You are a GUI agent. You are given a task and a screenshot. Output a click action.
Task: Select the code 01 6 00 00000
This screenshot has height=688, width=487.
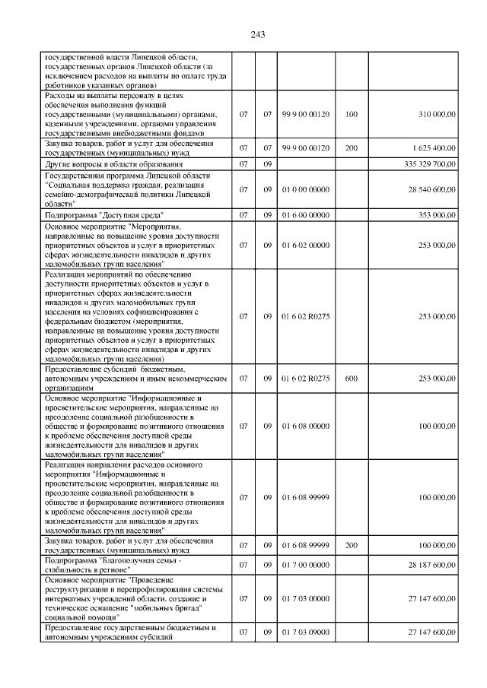click(x=304, y=216)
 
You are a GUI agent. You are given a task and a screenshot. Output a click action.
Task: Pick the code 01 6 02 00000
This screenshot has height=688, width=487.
click(x=304, y=246)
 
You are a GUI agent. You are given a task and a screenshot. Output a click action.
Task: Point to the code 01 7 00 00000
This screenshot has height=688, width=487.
click(x=304, y=565)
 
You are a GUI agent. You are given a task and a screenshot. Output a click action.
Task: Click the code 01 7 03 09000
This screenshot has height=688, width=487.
click(x=304, y=633)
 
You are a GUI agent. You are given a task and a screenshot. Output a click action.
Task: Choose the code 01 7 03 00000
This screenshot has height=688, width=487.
click(x=304, y=599)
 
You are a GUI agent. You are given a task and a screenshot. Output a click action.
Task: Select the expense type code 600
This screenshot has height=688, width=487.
click(x=351, y=378)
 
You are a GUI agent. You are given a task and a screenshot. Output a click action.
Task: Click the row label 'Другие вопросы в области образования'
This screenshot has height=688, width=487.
click(x=113, y=164)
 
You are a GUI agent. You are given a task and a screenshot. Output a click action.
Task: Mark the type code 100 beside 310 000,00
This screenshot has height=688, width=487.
click(x=351, y=114)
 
